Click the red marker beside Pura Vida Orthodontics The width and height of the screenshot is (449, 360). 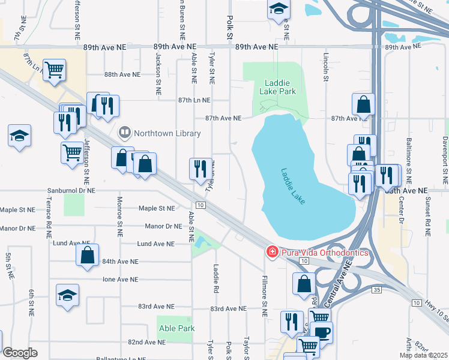(x=272, y=252)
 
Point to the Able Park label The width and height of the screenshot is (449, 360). (x=174, y=328)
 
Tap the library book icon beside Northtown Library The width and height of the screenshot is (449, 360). (x=125, y=131)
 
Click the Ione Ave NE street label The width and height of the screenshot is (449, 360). (x=121, y=280)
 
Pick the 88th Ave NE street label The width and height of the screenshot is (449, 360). (x=122, y=75)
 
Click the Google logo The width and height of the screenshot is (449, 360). (x=20, y=353)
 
